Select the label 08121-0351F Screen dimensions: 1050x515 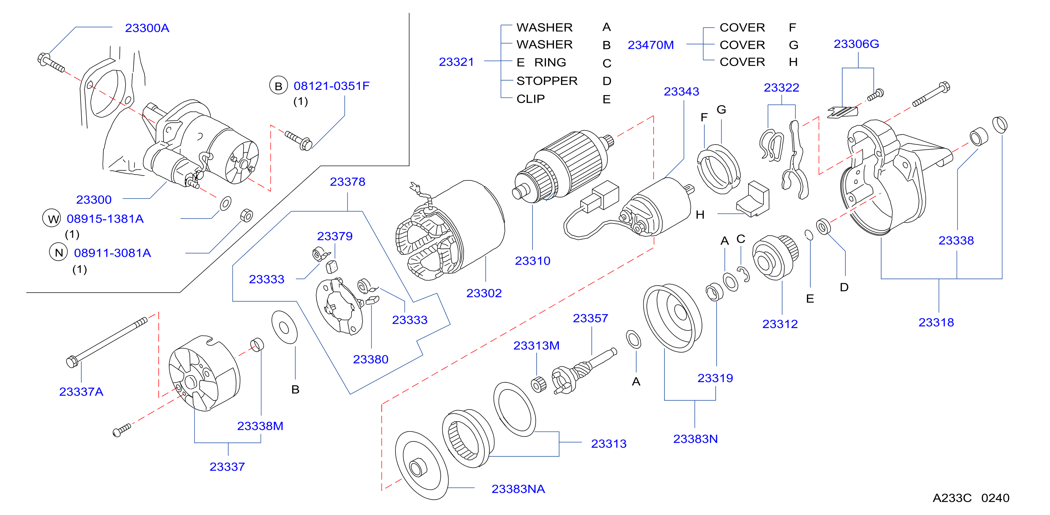coord(331,86)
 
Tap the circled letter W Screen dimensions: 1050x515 coord(52,219)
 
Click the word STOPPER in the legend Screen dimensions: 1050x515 coord(547,81)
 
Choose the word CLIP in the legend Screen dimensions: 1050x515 coord(530,99)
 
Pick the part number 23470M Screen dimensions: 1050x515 coord(651,45)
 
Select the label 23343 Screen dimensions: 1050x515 coord(681,92)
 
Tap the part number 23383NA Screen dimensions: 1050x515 coord(518,489)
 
